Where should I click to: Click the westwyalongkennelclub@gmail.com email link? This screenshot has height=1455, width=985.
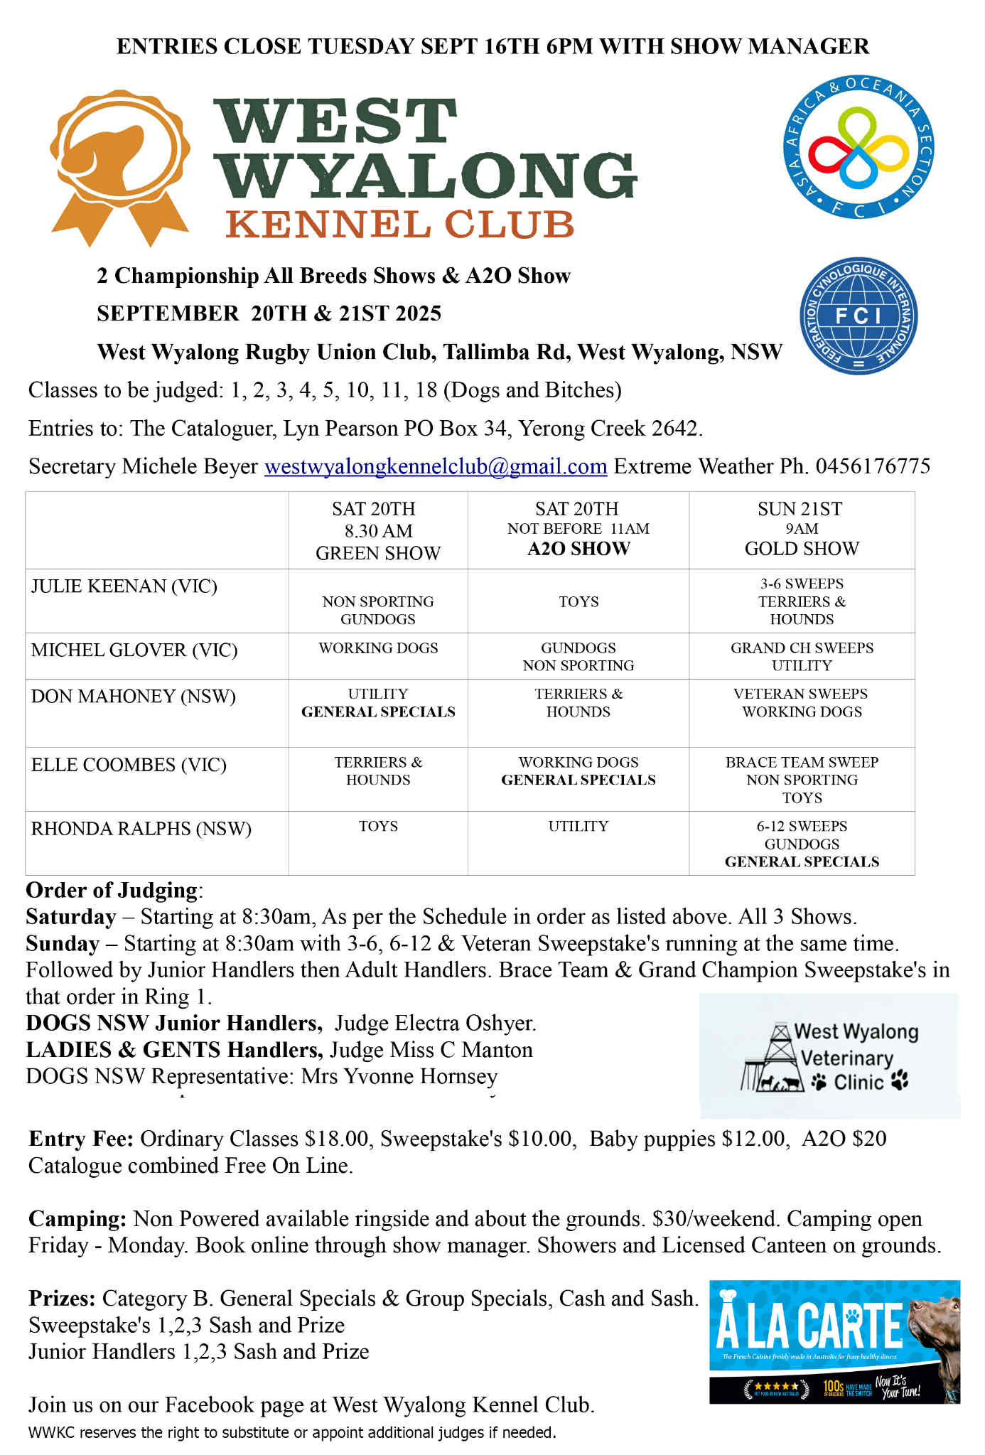pyautogui.click(x=435, y=466)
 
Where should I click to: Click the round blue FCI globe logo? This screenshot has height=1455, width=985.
pyautogui.click(x=858, y=316)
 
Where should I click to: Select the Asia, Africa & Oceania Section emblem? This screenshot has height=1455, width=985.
pyautogui.click(x=858, y=147)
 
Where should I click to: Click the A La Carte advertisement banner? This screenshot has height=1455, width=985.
pyautogui.click(x=834, y=1341)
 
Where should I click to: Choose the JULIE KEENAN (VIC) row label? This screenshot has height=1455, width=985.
pyautogui.click(x=124, y=586)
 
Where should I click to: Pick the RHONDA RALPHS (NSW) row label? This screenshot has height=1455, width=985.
pyautogui.click(x=141, y=829)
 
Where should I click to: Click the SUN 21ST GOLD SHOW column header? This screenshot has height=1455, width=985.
pyautogui.click(x=801, y=529)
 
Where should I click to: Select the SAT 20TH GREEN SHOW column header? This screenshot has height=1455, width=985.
pyautogui.click(x=377, y=530)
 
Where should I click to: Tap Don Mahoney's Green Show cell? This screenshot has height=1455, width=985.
pyautogui.click(x=377, y=703)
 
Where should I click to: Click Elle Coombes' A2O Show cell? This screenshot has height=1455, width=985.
pyautogui.click(x=578, y=771)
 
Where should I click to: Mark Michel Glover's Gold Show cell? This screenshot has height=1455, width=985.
pyautogui.click(x=801, y=656)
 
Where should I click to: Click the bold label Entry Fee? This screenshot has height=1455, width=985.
pyautogui.click(x=81, y=1139)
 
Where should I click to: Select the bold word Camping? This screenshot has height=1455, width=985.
pyautogui.click(x=77, y=1219)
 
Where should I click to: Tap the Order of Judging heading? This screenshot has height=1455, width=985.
pyautogui.click(x=112, y=890)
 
